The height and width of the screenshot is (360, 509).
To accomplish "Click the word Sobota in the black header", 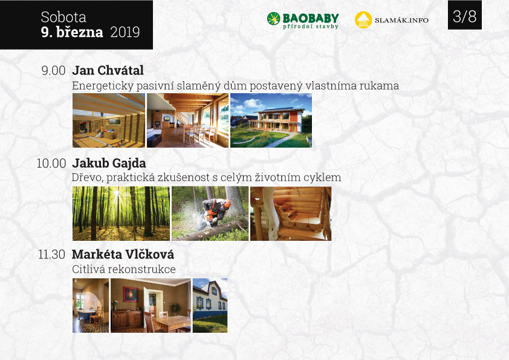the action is point(63,17).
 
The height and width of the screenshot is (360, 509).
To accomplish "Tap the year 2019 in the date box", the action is point(125,32).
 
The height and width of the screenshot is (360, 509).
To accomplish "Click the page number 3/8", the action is point(464,16).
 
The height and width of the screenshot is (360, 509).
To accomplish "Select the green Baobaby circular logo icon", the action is point(273,19).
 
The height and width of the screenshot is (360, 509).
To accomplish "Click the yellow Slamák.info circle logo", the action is point(363,20).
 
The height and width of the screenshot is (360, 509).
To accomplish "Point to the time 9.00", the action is point(54,71).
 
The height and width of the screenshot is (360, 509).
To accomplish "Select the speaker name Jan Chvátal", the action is point(108,70).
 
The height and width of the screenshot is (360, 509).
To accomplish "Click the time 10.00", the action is point(51,163).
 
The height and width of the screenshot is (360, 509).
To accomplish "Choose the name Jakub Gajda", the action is point(109,163).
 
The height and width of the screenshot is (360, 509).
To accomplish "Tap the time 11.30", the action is point(51,254).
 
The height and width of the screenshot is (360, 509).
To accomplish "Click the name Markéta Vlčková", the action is point(123,254).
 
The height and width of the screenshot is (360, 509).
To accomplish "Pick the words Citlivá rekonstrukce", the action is point(124,269).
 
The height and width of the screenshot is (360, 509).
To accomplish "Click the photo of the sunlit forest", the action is point(121,214).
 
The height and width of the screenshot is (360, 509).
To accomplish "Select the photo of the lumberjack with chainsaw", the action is point(210,214).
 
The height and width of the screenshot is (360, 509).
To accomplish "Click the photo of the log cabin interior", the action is point(291,214).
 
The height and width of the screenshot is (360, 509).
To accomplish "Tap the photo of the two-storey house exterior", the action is point(271,120).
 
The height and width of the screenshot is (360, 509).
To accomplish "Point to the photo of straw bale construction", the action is point(109,120).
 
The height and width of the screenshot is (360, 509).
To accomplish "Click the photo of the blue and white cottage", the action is point(210,306).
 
